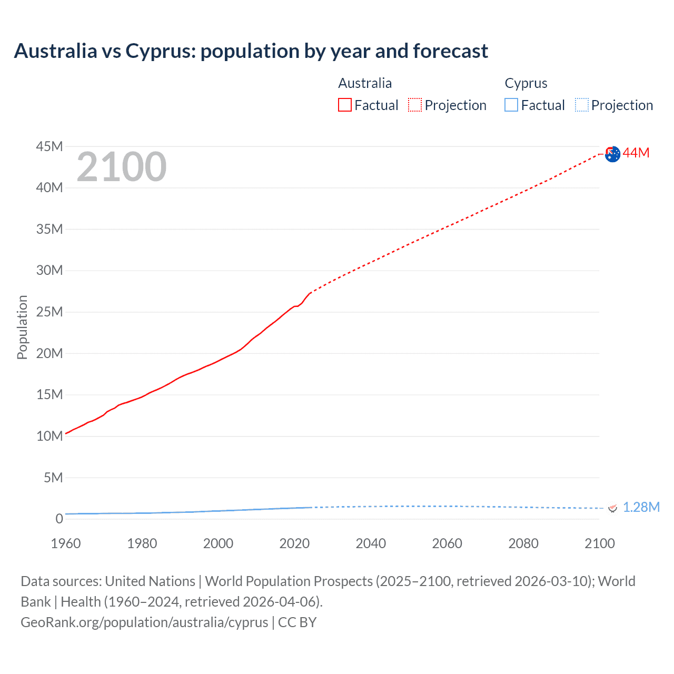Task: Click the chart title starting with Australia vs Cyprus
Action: click(251, 51)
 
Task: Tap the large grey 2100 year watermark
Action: click(122, 167)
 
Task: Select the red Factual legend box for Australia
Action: click(344, 105)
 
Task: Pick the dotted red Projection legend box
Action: click(415, 105)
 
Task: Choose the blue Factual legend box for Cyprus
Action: click(511, 105)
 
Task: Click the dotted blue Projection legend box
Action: click(582, 105)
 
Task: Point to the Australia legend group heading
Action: click(365, 83)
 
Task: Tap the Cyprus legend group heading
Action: click(526, 83)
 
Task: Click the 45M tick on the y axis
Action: click(49, 146)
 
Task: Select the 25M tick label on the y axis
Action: click(49, 312)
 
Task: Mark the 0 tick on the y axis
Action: click(59, 519)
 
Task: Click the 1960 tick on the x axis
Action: click(66, 543)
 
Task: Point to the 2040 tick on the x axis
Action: click(371, 543)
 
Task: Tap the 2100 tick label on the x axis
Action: click(599, 543)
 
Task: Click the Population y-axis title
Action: click(22, 327)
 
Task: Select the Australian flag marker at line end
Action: click(612, 154)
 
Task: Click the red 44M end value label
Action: click(636, 153)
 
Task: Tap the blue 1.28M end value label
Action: click(641, 507)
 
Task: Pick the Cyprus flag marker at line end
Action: click(612, 508)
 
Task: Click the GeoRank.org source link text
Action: click(144, 622)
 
